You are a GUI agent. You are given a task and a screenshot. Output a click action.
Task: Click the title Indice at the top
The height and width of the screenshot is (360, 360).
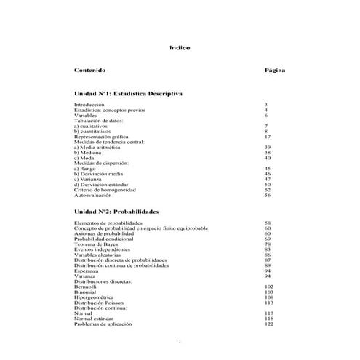180,48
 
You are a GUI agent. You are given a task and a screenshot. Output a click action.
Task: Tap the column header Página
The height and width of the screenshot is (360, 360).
275,71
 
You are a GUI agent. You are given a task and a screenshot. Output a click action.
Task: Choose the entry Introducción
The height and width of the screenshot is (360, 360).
89,105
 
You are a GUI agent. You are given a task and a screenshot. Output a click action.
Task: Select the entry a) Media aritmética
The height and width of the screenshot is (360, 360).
97,147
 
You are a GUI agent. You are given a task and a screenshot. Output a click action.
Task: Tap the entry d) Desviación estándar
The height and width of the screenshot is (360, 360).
101,184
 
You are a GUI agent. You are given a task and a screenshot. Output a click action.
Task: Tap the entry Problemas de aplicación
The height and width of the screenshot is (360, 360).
104,324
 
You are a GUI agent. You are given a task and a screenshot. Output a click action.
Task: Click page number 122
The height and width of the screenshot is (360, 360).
268,324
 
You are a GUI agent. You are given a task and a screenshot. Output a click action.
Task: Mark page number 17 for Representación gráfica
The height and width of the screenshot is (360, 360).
268,136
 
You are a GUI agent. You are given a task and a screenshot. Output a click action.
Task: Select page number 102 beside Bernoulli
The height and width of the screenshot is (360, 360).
268,287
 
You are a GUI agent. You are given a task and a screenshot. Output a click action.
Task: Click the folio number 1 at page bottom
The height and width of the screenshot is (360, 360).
180,341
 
